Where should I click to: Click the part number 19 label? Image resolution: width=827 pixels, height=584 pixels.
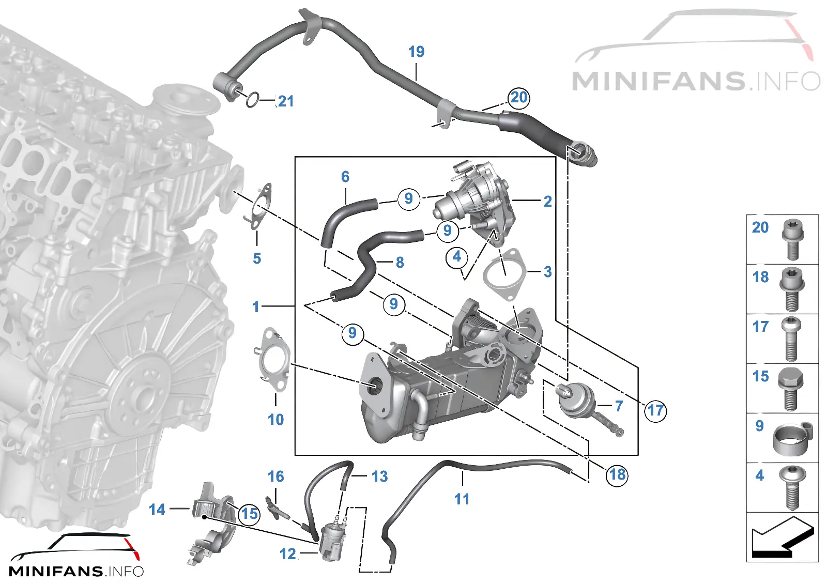click(416, 52)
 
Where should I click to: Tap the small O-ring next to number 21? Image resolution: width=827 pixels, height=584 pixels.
click(253, 100)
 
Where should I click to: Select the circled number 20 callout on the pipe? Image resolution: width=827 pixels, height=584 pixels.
click(519, 98)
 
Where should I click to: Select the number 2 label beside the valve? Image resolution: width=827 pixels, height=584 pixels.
click(548, 202)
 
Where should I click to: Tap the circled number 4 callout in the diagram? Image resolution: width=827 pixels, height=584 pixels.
click(457, 257)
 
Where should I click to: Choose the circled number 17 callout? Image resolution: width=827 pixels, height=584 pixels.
click(655, 410)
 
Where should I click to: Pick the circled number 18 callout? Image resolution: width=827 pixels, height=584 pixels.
click(617, 475)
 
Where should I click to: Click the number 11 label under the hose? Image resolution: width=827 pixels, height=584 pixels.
click(462, 499)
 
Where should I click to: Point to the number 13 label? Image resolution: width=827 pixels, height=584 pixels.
click(379, 476)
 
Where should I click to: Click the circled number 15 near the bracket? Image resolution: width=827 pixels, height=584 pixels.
click(249, 514)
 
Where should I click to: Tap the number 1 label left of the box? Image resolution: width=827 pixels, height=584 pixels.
click(256, 307)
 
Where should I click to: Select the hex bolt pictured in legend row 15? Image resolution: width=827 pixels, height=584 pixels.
click(790, 390)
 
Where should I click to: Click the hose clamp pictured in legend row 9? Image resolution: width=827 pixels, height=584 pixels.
click(793, 439)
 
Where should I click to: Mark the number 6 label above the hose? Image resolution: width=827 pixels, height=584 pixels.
click(345, 177)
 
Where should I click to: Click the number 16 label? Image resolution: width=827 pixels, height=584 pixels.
click(276, 477)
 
